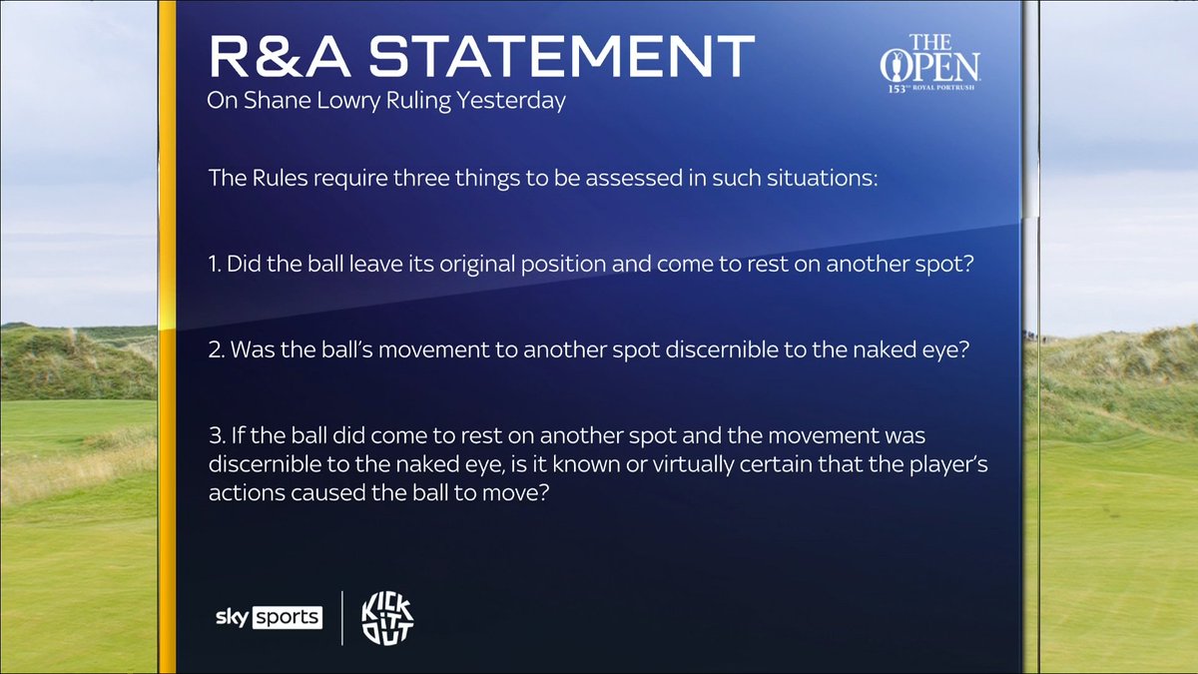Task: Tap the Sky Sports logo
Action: [x=268, y=617]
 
